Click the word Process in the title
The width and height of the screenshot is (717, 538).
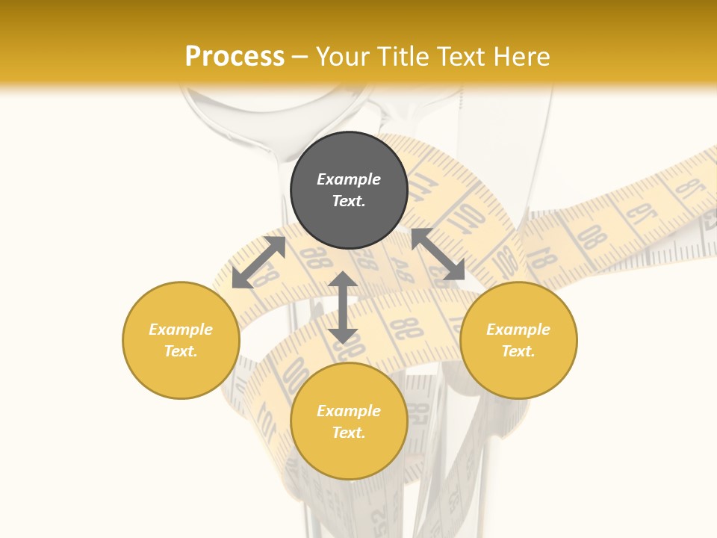pos(235,57)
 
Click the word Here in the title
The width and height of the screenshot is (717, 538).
pos(523,57)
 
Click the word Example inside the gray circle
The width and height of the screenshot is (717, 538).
pos(349,179)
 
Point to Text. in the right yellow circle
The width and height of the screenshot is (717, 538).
pos(518,351)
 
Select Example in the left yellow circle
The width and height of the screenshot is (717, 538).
pos(181,330)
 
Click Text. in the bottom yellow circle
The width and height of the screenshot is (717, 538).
pos(349,433)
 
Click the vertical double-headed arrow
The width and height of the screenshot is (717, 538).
pos(343,308)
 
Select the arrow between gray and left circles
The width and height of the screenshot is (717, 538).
pos(258,262)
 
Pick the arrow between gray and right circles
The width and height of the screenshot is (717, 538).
pos(438,255)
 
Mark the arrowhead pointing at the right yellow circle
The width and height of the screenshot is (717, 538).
pos(454,270)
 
